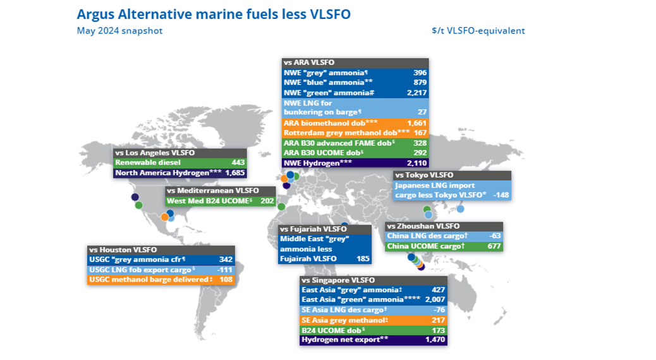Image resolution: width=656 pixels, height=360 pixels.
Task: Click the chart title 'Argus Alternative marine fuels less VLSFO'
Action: (x=214, y=14)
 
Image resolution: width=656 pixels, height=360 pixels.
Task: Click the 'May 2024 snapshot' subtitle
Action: (x=119, y=30)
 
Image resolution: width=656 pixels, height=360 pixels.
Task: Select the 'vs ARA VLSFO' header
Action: (x=310, y=63)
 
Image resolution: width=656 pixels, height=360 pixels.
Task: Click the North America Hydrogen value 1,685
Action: (x=234, y=172)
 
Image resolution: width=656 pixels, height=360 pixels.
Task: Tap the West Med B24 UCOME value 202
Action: (x=267, y=201)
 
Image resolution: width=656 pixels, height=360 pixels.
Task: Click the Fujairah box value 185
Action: (x=363, y=258)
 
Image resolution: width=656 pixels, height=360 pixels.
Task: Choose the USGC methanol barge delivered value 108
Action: (x=226, y=279)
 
